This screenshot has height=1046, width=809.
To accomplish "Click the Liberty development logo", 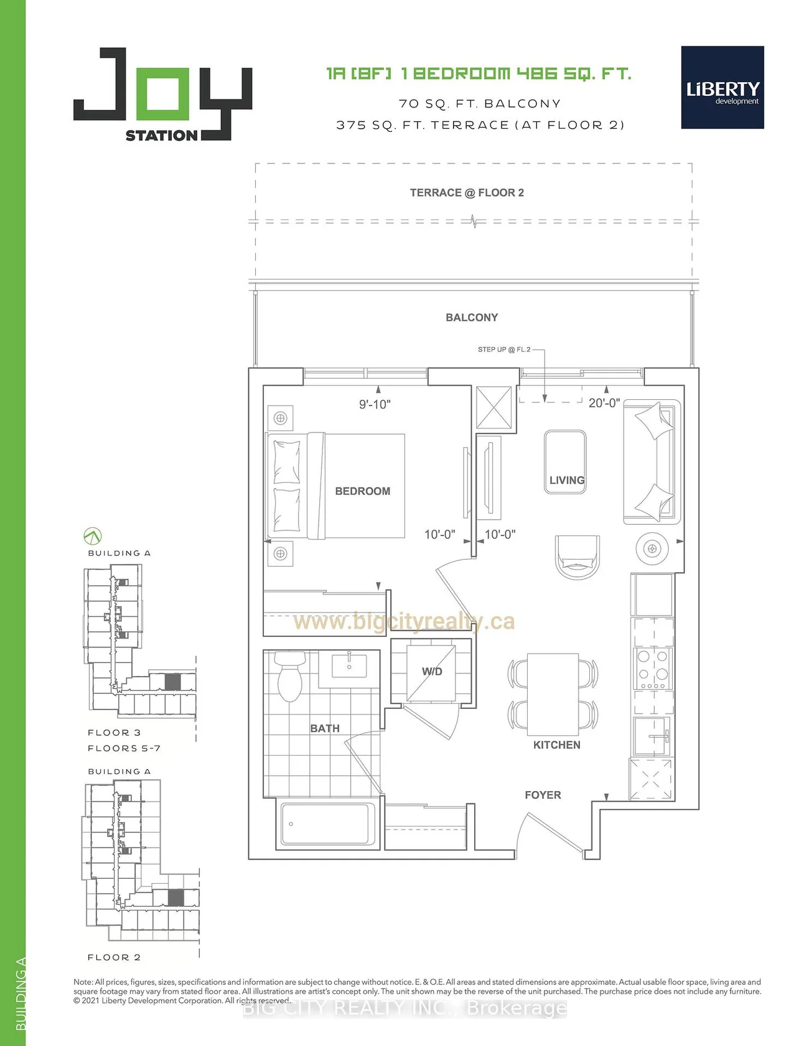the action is point(722,87).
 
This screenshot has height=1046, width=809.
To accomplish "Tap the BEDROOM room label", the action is point(363,491).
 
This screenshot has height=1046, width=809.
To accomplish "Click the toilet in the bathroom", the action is point(290,676).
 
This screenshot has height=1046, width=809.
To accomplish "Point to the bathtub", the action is point(328,824).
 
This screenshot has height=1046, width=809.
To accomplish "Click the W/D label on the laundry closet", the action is point(432,672).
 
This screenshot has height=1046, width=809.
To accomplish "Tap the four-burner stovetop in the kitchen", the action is point(653,669).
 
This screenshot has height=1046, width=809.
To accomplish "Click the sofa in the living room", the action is point(652,461).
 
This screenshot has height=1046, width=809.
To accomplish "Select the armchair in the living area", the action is point(578,557).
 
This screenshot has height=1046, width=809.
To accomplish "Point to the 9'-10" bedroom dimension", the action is point(375,404).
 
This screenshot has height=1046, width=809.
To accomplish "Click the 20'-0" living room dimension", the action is point(604,403).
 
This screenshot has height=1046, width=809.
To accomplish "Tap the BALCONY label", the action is point(472,318).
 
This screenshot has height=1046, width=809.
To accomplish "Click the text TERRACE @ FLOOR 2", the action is point(467,193).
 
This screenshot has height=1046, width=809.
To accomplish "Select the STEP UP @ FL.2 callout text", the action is point(504,349).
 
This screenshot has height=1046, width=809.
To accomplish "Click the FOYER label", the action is point(543,795).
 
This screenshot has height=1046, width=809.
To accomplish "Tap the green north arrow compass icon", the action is point(92,535).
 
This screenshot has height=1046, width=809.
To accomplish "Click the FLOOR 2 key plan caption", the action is point(114,957).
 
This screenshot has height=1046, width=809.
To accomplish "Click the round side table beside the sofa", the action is point(652,548).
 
